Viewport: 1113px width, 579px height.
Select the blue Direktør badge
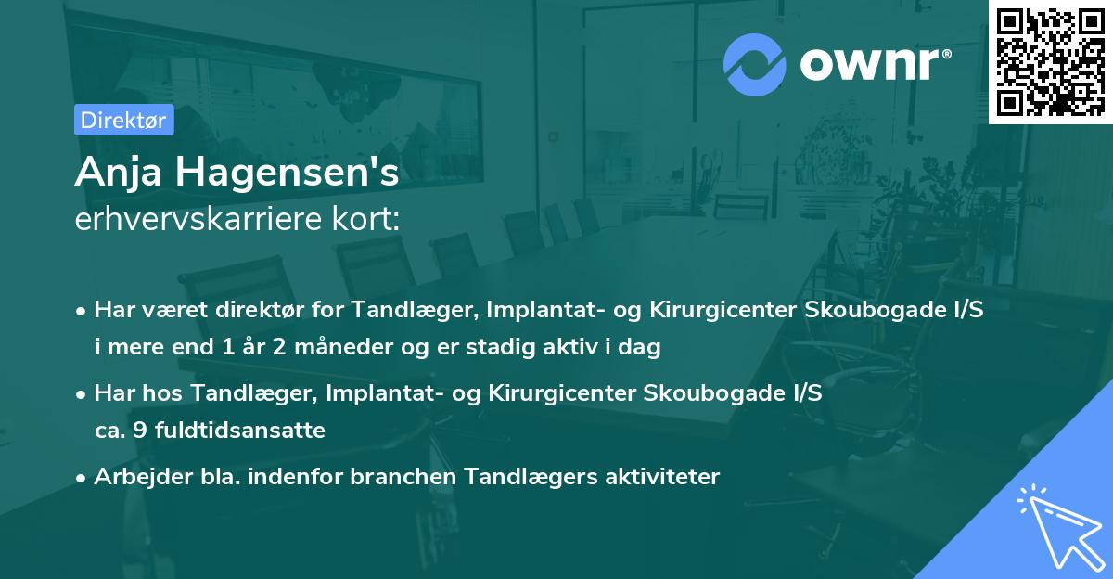[123, 120]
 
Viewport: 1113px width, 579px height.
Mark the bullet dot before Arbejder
[83, 478]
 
